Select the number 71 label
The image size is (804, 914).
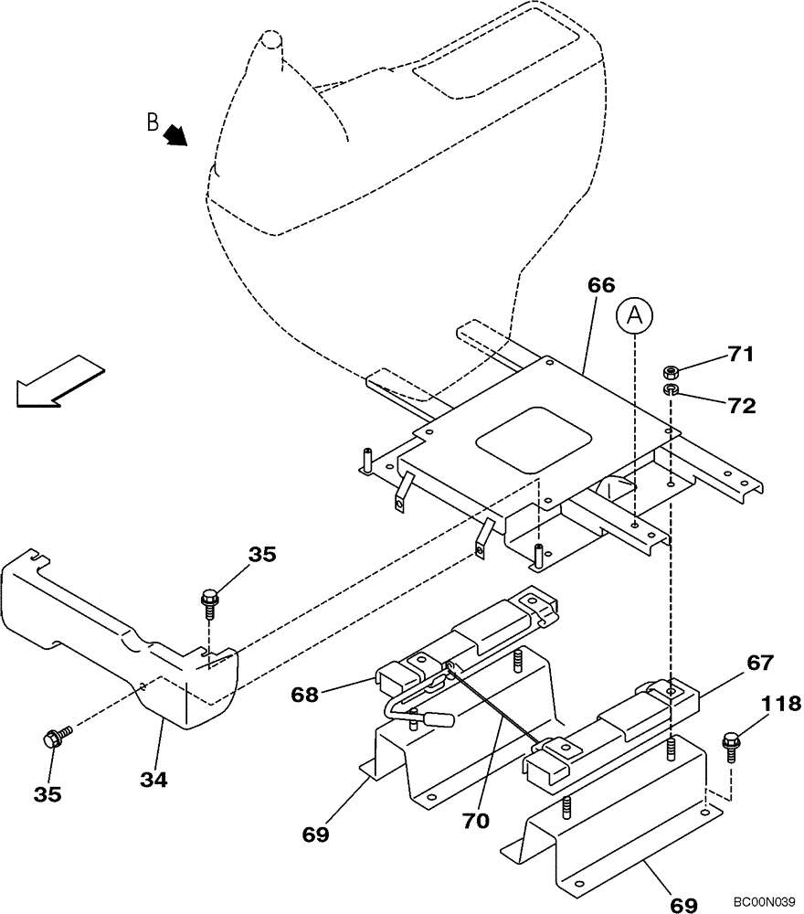tap(741, 355)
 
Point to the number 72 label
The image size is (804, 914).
tap(741, 406)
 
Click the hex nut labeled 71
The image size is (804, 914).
tap(671, 372)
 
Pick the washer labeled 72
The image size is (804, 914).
tap(671, 391)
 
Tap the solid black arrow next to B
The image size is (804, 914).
tap(175, 136)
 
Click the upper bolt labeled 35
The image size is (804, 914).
tap(208, 602)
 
